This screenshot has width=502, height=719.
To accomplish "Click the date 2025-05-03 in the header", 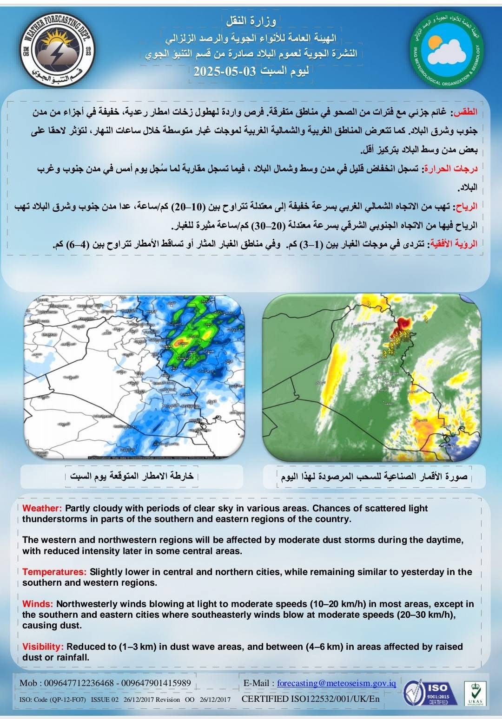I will [x=225, y=71].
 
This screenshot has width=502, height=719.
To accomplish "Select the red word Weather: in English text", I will [x=42, y=508].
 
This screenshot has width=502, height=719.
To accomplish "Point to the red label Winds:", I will [x=38, y=604].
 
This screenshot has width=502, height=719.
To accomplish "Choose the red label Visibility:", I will [x=43, y=647].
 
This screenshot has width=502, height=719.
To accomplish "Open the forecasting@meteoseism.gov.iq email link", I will [x=337, y=683].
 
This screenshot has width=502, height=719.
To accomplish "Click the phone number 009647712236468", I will [x=79, y=683].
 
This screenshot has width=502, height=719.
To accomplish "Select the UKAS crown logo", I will [x=474, y=693].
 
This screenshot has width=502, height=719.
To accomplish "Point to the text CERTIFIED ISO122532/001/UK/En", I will [x=310, y=699].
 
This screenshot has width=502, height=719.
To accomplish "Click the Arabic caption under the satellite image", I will [x=374, y=477].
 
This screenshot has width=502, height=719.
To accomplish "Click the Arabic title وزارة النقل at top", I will [x=251, y=21].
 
